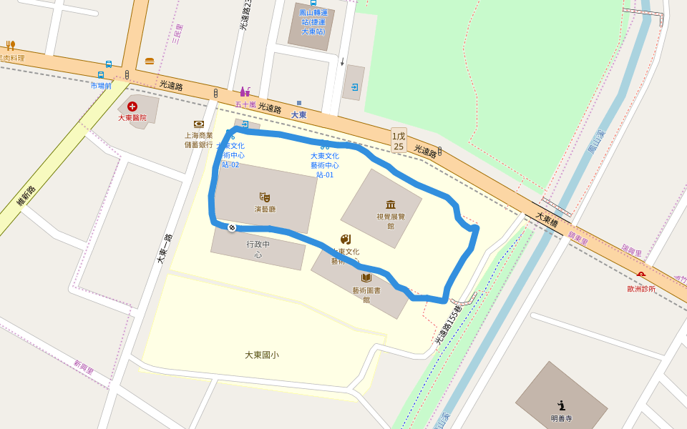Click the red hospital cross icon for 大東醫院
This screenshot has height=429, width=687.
click(x=132, y=106)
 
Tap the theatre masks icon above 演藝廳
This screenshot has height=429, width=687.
click(x=265, y=197)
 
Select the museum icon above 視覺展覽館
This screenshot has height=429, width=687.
click(x=391, y=204)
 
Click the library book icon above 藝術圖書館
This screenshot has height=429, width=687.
click(x=366, y=277)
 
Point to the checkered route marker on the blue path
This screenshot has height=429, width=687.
click(x=232, y=227)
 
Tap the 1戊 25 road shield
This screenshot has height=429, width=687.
click(x=399, y=141)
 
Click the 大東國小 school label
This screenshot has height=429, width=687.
click(x=261, y=355)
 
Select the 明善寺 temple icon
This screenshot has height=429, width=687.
click(x=562, y=405)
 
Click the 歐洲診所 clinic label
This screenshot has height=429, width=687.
click(x=641, y=289)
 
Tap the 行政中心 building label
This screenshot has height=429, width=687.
click(x=258, y=249)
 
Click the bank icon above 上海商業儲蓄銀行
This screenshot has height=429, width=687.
click(x=199, y=124)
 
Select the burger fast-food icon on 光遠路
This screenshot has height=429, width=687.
click(x=150, y=61)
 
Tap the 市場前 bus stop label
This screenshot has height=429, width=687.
click(x=101, y=86)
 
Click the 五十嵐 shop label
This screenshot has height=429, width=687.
click(x=245, y=104)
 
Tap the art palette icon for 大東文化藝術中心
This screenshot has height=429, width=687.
click(x=346, y=239)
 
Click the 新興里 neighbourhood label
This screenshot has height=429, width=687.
click(x=84, y=368)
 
